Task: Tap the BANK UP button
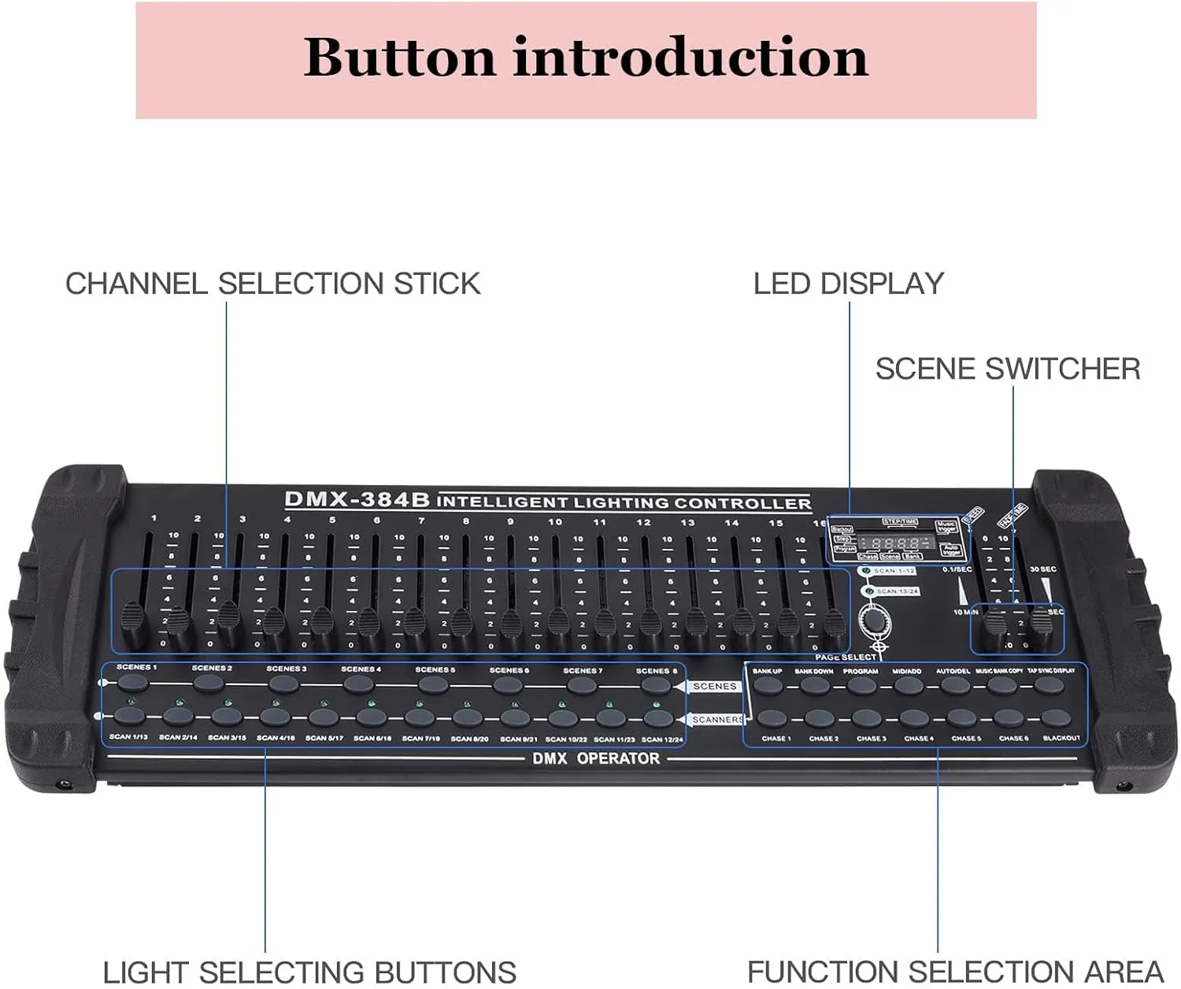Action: (768, 685)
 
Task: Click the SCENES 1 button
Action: (133, 682)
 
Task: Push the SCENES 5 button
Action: (433, 683)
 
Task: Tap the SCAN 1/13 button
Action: (129, 717)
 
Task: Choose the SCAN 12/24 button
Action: (658, 718)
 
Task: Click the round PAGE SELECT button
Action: (874, 621)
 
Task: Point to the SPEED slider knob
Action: (995, 624)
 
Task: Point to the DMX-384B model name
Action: (357, 499)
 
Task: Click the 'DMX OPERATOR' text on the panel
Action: (596, 758)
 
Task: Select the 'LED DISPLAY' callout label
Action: (848, 283)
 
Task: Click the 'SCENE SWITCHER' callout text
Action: (1007, 369)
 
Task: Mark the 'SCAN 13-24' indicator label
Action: (896, 591)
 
